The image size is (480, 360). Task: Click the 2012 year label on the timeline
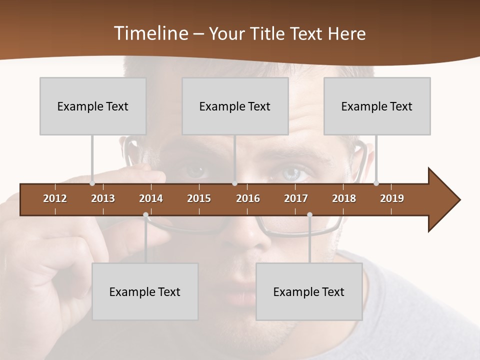coord(55,198)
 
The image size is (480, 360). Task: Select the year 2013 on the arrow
coord(103,198)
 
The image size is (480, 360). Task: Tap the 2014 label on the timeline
coord(151,198)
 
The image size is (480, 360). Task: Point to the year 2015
coord(199,198)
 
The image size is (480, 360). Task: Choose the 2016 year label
coord(248,198)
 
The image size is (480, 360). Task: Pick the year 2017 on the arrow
coord(296,198)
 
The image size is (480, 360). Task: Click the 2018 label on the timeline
coord(344,198)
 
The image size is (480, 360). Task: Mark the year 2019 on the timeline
coord(392,198)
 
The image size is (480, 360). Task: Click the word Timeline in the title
coord(150,33)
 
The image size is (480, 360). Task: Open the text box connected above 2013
coord(93,106)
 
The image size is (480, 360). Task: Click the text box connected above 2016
coord(235,106)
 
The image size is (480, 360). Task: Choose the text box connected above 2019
coord(377,106)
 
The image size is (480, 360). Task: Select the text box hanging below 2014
coord(145,291)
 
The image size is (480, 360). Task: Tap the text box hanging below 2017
coord(309,291)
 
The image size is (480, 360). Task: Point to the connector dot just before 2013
coord(92,183)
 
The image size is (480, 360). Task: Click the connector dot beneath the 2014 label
coord(145,215)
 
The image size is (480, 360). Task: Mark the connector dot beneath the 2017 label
coord(309,215)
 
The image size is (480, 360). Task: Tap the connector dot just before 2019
coord(376,183)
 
